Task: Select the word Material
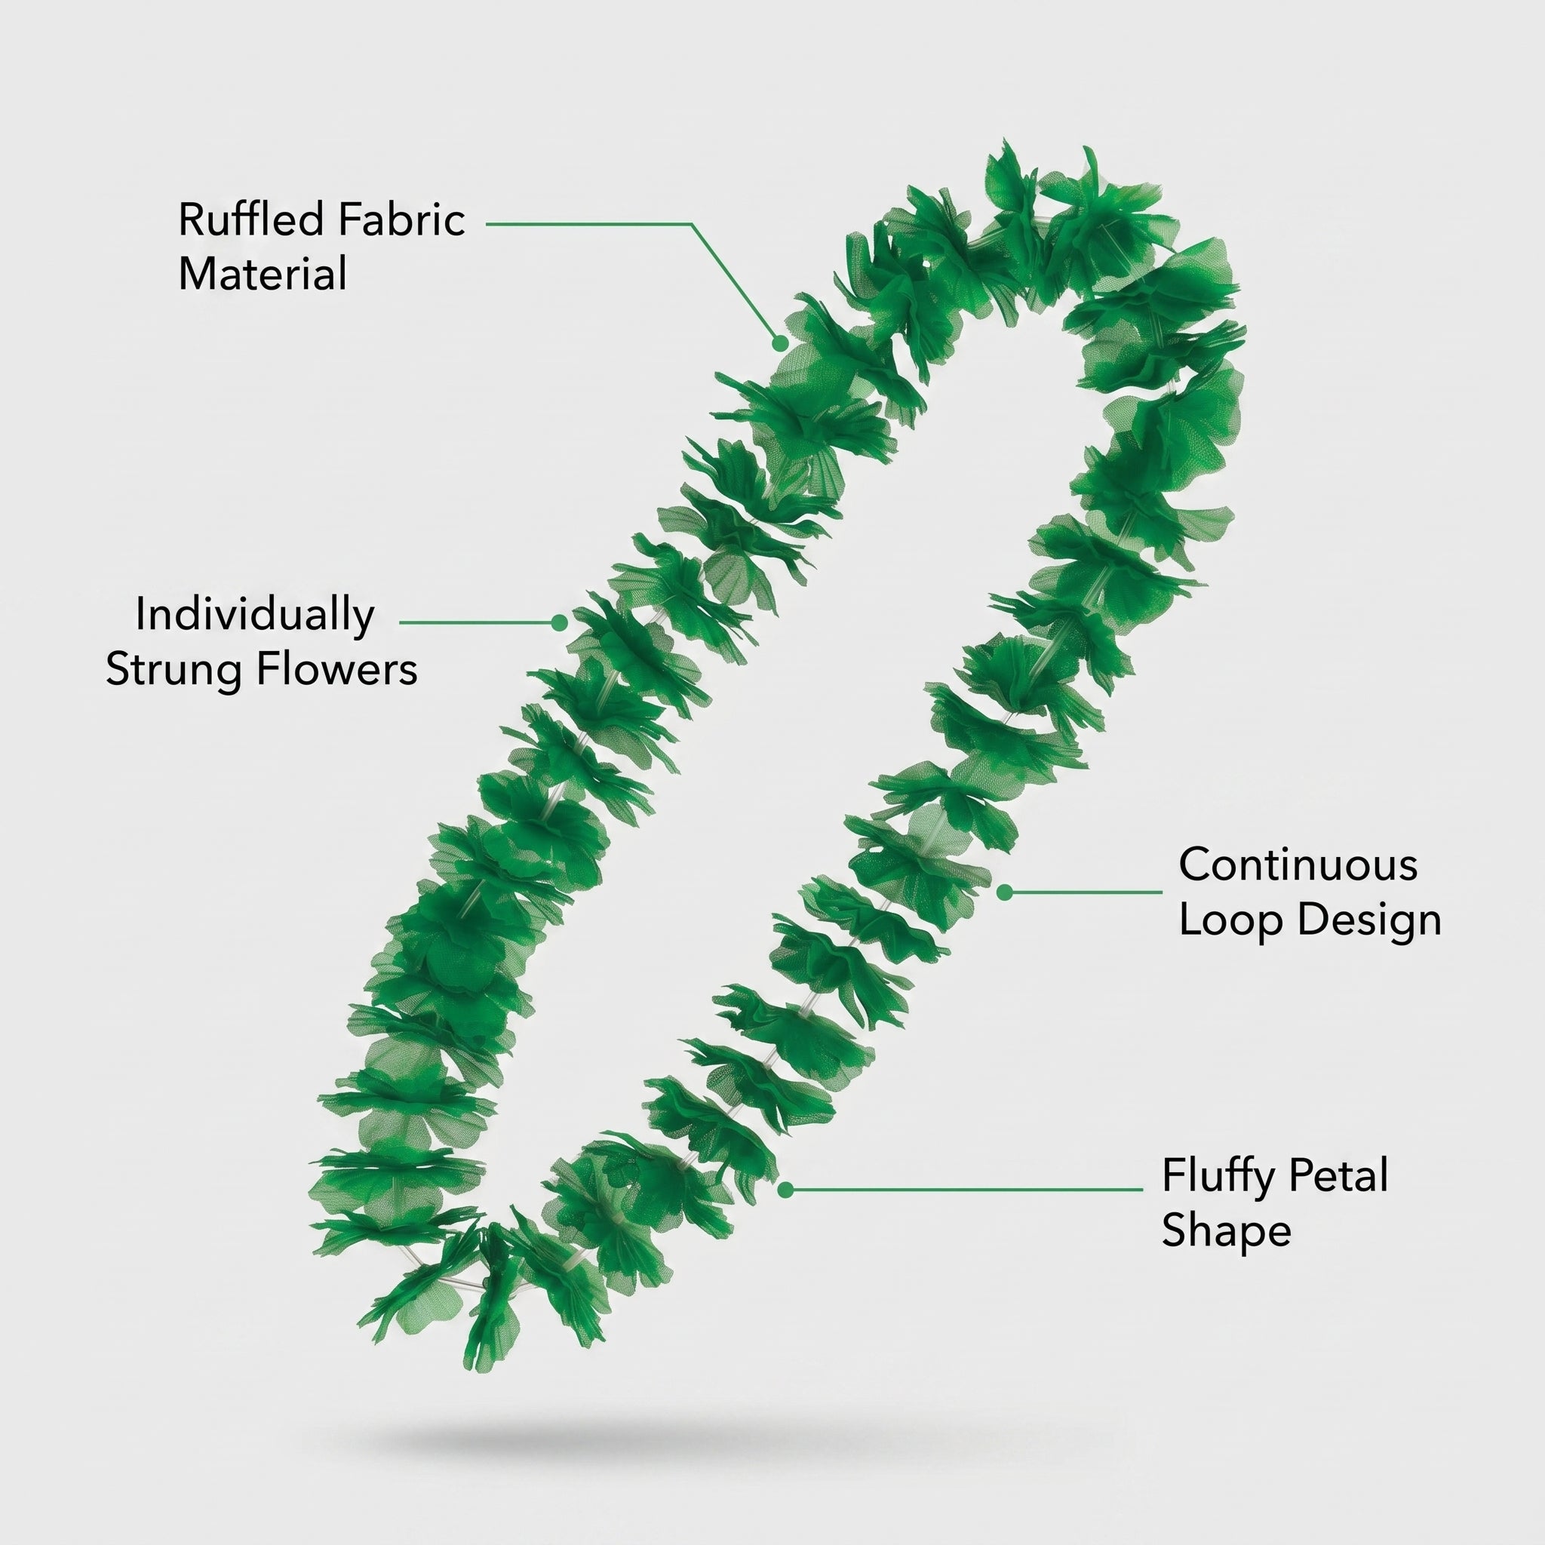click(x=263, y=274)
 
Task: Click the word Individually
click(x=254, y=616)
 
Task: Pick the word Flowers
click(x=336, y=668)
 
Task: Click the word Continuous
click(x=1298, y=865)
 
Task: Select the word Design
click(x=1369, y=920)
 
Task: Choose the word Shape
click(x=1226, y=1230)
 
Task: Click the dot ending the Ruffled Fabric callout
click(x=779, y=342)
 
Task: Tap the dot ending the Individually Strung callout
click(x=559, y=622)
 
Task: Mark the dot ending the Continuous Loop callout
click(x=1004, y=892)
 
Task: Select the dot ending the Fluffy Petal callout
click(x=785, y=1190)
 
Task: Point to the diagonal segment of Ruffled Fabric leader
click(x=735, y=283)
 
